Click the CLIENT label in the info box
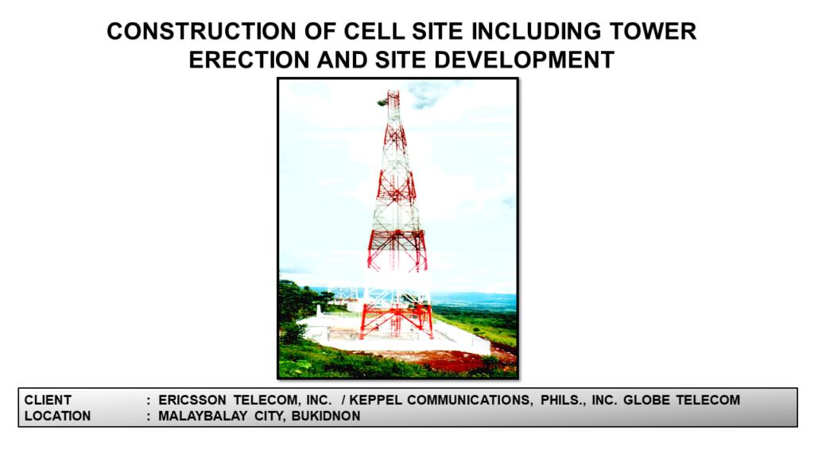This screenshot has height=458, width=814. coord(48,401)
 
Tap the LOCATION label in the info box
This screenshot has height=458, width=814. coord(57,416)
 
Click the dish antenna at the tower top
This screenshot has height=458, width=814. coord(382,103)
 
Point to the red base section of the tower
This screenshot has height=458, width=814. coord(397,320)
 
